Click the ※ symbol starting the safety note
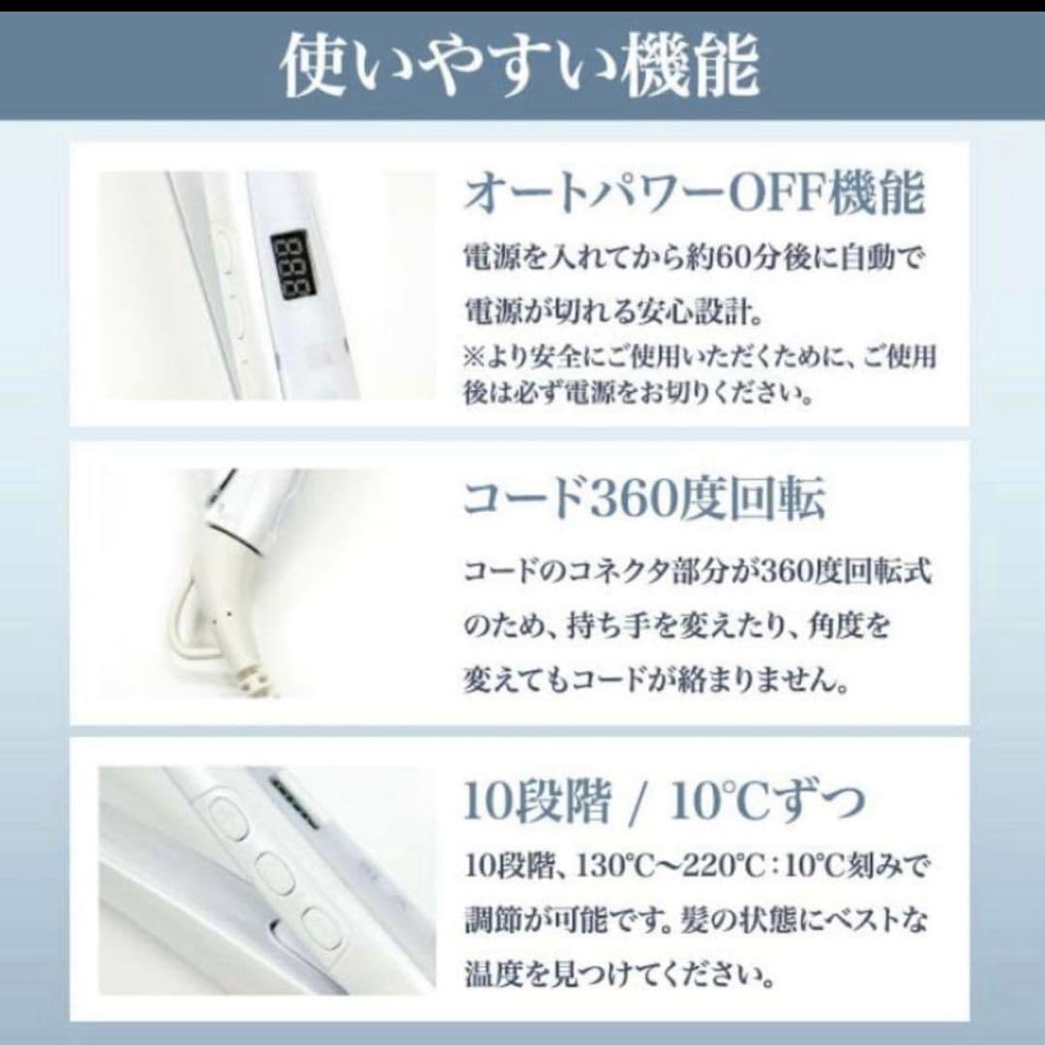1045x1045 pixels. tap(474, 357)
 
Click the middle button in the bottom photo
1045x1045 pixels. tap(273, 875)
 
